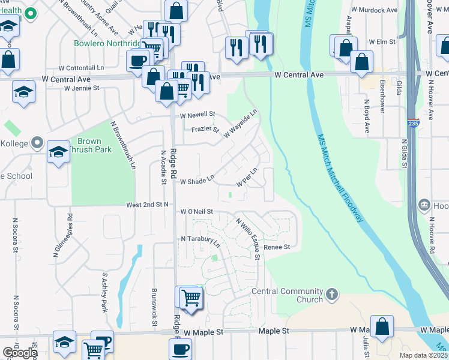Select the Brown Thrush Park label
click(x=90, y=145)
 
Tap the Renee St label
click(x=278, y=247)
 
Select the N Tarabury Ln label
click(x=200, y=240)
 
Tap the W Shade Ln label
click(x=197, y=181)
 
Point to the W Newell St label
click(x=197, y=114)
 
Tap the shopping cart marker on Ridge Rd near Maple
click(x=190, y=298)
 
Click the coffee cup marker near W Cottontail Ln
click(x=137, y=61)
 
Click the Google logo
click(x=20, y=353)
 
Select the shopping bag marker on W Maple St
click(x=382, y=327)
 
